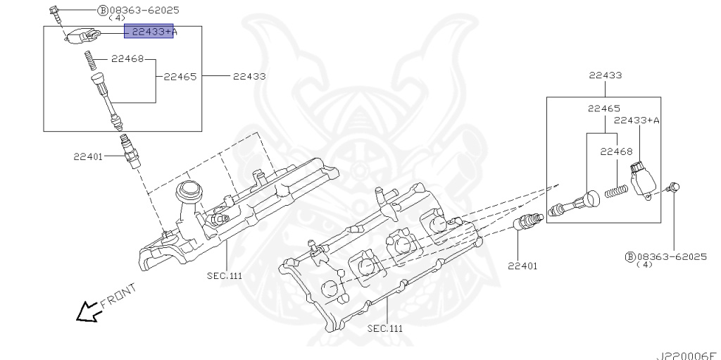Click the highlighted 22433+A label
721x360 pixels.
(149, 32)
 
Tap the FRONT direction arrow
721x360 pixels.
(89, 311)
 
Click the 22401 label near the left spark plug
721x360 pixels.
(87, 156)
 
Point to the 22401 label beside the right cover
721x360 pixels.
(522, 266)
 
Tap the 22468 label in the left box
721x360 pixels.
(126, 59)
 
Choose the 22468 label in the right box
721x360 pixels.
(616, 151)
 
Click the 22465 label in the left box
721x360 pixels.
(180, 76)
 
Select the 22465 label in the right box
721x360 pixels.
(604, 109)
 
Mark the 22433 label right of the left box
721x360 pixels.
(249, 76)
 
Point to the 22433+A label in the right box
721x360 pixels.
(637, 120)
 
